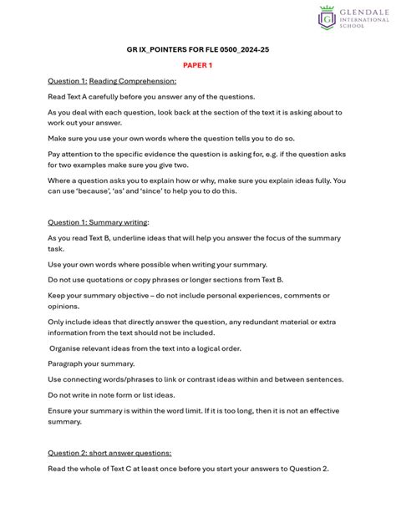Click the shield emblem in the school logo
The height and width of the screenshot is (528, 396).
[x=327, y=17]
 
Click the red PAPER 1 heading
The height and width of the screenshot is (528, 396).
[x=198, y=64]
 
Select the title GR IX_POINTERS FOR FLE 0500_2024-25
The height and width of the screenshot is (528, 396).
[x=198, y=49]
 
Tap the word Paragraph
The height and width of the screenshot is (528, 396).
[x=69, y=363]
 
